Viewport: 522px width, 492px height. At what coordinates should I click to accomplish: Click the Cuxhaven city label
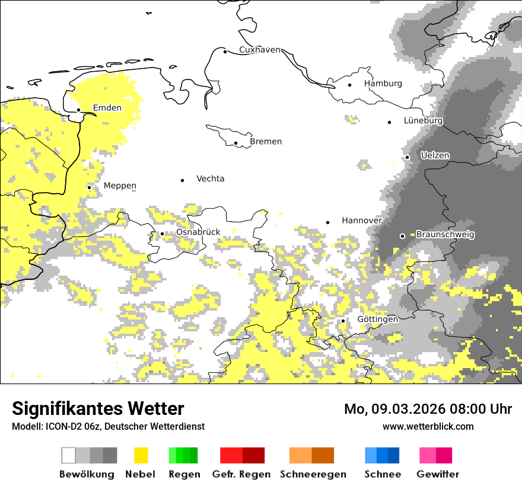click(259, 50)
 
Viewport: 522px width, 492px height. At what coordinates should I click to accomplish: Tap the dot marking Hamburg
click(349, 85)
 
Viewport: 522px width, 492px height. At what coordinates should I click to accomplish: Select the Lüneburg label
click(423, 120)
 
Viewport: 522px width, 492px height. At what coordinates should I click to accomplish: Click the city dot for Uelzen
click(407, 157)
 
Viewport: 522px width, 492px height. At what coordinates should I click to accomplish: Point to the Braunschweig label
click(445, 235)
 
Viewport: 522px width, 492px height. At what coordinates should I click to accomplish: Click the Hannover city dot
click(327, 222)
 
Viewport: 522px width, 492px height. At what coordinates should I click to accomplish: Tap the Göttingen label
click(378, 320)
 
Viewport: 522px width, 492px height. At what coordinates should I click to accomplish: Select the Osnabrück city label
click(198, 232)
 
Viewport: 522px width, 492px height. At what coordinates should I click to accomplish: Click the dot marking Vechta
click(182, 180)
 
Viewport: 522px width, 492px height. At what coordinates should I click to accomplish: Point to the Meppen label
click(120, 186)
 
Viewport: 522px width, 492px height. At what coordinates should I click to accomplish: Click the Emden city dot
click(78, 110)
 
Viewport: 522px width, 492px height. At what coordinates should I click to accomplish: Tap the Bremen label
click(266, 142)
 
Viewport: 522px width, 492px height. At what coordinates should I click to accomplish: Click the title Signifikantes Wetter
click(98, 408)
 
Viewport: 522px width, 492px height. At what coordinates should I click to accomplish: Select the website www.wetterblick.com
click(428, 426)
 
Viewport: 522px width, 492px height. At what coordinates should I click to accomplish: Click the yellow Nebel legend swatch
click(141, 455)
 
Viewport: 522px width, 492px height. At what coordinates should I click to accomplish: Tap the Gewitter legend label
click(437, 474)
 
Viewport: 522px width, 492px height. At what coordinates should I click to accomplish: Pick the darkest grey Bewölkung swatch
click(110, 455)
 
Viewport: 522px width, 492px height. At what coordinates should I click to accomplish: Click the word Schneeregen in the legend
click(313, 474)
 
